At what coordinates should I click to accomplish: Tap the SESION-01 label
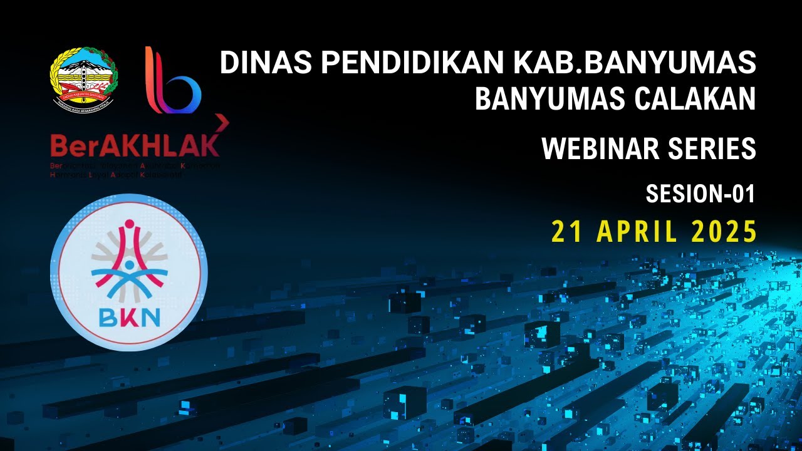[700, 194]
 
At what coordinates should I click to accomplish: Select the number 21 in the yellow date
[566, 232]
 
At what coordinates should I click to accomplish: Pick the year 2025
[724, 232]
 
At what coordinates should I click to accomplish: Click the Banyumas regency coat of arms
[83, 77]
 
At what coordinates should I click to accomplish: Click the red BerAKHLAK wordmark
[135, 145]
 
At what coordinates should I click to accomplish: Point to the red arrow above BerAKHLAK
[222, 123]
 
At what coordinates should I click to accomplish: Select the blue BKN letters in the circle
[129, 318]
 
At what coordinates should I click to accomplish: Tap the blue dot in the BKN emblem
[129, 265]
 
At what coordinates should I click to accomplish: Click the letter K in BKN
[129, 318]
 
